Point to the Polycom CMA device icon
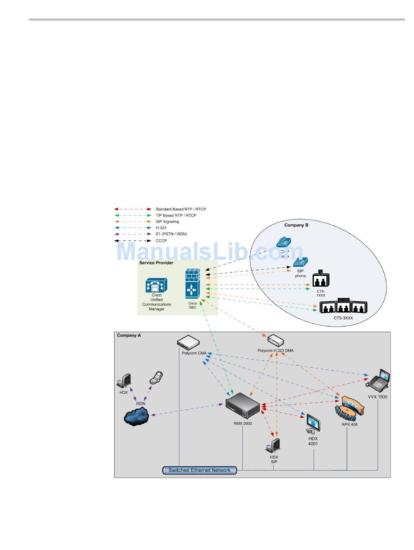[188, 342]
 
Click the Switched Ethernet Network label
[200, 470]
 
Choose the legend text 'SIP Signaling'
[167, 222]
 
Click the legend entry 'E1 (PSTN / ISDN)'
[171, 234]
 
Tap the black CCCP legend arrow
[133, 241]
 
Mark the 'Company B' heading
[296, 225]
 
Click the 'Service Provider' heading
[156, 263]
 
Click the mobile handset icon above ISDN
[156, 378]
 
